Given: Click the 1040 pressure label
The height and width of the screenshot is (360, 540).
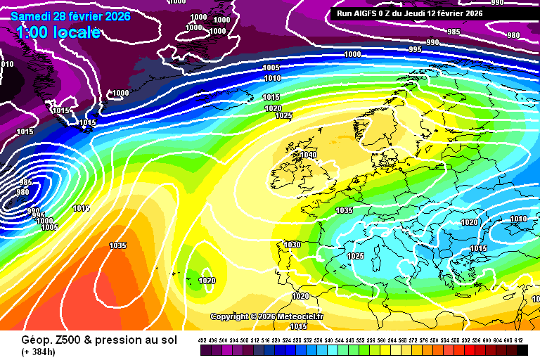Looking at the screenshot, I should (309, 155).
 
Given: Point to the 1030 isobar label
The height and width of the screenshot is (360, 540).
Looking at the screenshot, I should (292, 245).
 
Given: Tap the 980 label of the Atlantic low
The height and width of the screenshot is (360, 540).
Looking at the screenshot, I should (22, 192).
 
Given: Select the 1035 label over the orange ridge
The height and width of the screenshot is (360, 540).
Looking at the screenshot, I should (118, 245).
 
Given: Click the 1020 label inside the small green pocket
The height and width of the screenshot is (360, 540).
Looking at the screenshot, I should (207, 281).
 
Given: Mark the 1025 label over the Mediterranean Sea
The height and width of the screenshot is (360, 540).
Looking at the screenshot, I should (355, 256).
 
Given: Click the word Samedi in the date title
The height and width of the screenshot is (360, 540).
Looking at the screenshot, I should (31, 16).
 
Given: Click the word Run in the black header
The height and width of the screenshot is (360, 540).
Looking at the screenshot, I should (345, 13).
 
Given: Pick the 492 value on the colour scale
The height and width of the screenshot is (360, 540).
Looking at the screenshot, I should (202, 340).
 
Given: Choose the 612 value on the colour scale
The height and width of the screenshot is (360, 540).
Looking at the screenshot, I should (519, 340).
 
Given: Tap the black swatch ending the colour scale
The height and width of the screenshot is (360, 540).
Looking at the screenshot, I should (522, 349).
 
